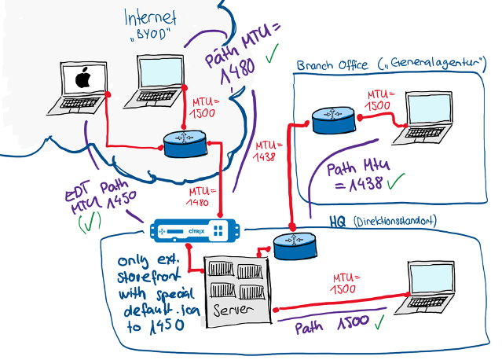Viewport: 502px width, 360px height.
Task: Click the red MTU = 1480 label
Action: pos(200,197)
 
